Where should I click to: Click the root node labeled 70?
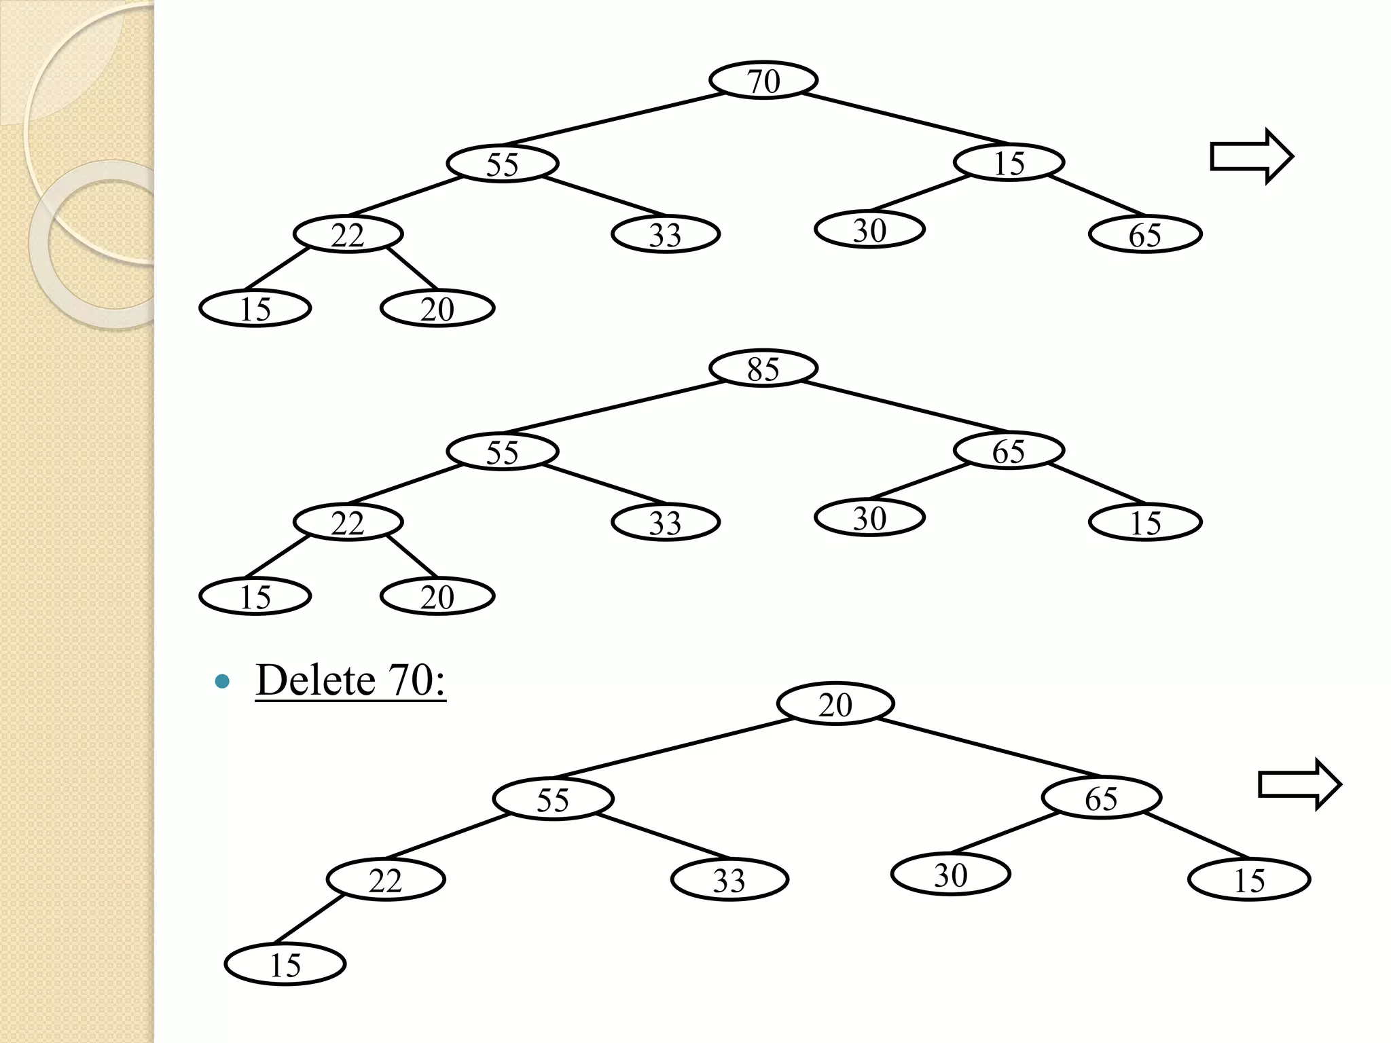click(763, 81)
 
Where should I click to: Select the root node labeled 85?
click(763, 369)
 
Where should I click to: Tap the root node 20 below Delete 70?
click(835, 704)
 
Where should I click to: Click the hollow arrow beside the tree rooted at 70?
click(1251, 157)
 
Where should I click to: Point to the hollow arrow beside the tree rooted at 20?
click(1299, 785)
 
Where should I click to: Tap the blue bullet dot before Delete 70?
click(221, 681)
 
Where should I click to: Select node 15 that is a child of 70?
click(1009, 163)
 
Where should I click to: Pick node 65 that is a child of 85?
click(1009, 451)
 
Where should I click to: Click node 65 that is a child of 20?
click(1101, 798)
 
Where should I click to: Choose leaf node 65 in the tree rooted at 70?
click(1145, 235)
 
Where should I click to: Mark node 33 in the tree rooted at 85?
click(665, 522)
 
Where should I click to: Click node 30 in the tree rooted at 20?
click(950, 875)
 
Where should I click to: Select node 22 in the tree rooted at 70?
click(348, 235)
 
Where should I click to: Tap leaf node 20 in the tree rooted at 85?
click(437, 597)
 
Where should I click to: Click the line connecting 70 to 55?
click(615, 120)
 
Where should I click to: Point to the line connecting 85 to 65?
click(903, 407)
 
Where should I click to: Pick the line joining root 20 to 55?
click(676, 747)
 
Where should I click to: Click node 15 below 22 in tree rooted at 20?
click(285, 964)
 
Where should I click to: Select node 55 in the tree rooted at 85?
click(502, 452)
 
